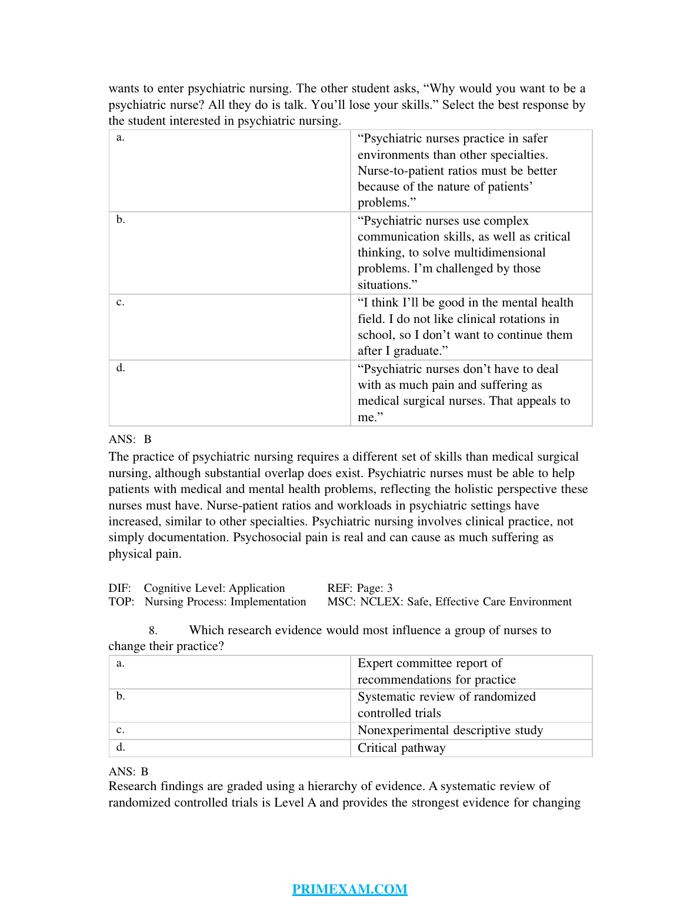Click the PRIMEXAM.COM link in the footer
[x=349, y=889]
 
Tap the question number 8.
[x=152, y=631]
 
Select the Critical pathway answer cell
[x=401, y=748]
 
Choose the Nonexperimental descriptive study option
[x=450, y=730]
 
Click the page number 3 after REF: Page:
[x=389, y=588]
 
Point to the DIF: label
[x=119, y=588]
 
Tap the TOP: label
[x=121, y=602]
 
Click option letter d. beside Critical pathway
[x=121, y=747]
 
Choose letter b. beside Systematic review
[x=121, y=697]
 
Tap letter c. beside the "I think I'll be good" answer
[x=120, y=302]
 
